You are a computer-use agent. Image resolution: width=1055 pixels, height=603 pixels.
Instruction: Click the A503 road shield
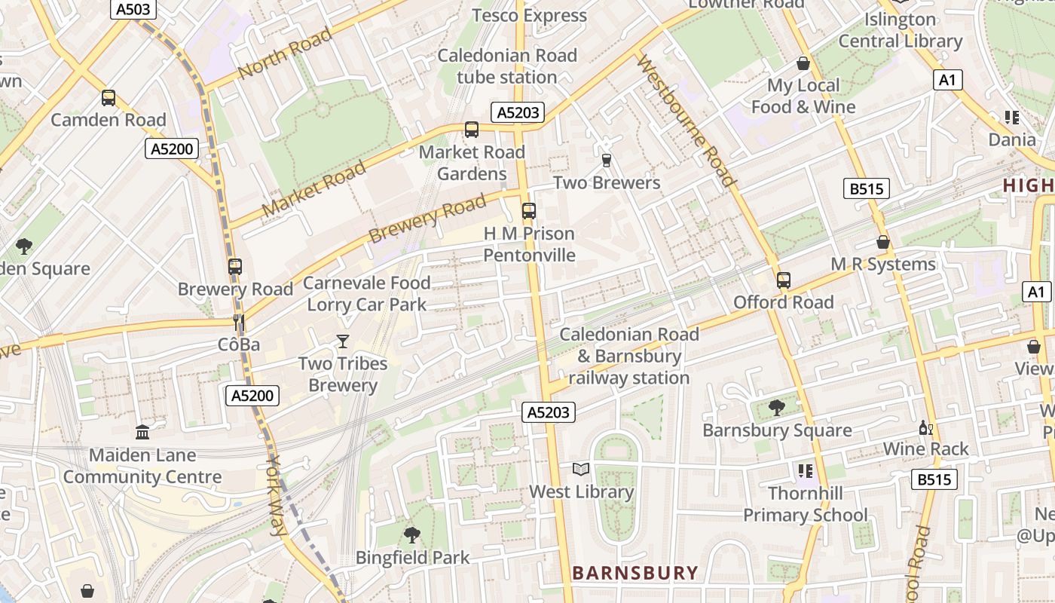pyautogui.click(x=133, y=10)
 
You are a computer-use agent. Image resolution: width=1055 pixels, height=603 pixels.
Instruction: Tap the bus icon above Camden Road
pyautogui.click(x=109, y=98)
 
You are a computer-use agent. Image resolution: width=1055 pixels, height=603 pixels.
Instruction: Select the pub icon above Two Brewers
pyautogui.click(x=607, y=161)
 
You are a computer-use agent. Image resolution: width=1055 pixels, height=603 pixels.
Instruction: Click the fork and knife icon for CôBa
pyautogui.click(x=239, y=323)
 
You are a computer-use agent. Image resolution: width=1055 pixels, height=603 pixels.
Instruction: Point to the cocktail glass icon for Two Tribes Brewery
pyautogui.click(x=343, y=341)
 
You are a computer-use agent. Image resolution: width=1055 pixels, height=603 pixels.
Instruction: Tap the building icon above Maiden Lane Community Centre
pyautogui.click(x=142, y=432)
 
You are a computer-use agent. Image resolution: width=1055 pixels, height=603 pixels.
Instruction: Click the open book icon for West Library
pyautogui.click(x=580, y=470)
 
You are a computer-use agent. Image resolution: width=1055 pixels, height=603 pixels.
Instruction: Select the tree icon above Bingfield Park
pyautogui.click(x=411, y=535)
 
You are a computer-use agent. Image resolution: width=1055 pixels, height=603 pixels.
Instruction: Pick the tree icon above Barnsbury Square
pyautogui.click(x=776, y=408)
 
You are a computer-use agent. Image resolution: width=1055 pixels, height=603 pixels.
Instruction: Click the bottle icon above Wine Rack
pyautogui.click(x=926, y=427)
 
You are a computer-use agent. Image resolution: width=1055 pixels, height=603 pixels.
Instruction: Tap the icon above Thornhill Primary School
pyautogui.click(x=805, y=471)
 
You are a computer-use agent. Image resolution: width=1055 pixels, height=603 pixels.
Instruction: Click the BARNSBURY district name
pyautogui.click(x=635, y=573)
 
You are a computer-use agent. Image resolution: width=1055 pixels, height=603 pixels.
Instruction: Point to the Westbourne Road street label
pyautogui.click(x=686, y=121)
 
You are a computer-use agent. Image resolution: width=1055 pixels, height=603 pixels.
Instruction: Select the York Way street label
pyautogui.click(x=277, y=496)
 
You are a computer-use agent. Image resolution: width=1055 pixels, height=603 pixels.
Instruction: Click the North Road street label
pyautogui.click(x=285, y=53)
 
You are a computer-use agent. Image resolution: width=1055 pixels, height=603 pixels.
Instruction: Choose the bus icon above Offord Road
pyautogui.click(x=784, y=280)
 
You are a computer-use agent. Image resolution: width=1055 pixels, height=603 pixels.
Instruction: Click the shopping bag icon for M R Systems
pyautogui.click(x=882, y=242)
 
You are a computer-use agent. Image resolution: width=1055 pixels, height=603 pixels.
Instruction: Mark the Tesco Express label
pyautogui.click(x=529, y=15)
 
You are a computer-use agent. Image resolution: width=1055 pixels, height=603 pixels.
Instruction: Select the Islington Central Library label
pyautogui.click(x=901, y=30)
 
